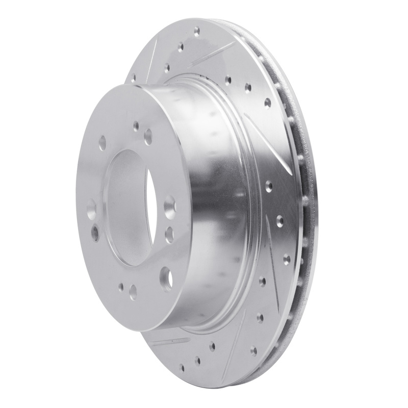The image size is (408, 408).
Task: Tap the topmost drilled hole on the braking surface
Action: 196,31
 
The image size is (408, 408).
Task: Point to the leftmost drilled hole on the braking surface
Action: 134,79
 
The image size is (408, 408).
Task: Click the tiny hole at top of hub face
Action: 136,124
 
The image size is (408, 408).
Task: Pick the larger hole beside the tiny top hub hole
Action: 148,136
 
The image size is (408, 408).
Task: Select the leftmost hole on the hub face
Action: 91,209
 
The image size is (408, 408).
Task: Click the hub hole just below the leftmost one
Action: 95,234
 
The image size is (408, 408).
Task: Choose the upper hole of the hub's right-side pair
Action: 169,209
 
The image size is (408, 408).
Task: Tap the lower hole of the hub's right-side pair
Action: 169,234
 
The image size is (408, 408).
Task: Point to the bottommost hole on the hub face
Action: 133,291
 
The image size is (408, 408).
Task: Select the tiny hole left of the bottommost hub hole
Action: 121,287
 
